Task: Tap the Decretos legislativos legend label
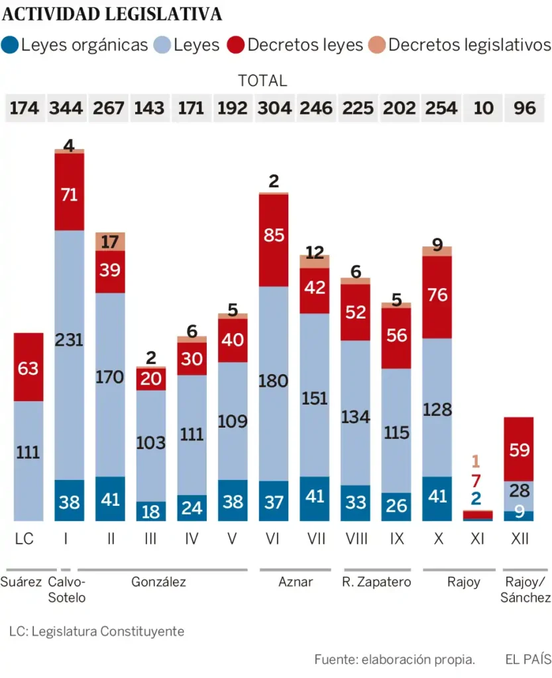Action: click(x=469, y=45)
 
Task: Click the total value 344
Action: click(x=66, y=107)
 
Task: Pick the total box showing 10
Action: click(x=483, y=107)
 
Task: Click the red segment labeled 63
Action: click(x=28, y=367)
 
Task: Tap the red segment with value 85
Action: click(x=274, y=240)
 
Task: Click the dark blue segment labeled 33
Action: click(x=355, y=503)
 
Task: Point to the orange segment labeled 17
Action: click(x=110, y=242)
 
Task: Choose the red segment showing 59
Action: click(x=519, y=450)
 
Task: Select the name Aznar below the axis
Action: click(x=296, y=582)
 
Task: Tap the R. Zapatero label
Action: click(x=376, y=582)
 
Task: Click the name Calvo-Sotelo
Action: click(x=68, y=589)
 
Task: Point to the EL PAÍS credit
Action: click(x=527, y=659)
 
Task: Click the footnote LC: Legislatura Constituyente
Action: click(x=97, y=631)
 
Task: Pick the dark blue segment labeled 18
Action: click(x=150, y=510)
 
